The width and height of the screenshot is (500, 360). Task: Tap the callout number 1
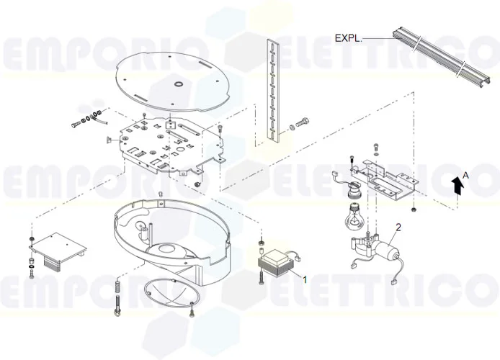[x=305, y=279]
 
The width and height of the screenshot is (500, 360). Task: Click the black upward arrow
[x=457, y=186]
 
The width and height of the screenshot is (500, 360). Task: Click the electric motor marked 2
[x=388, y=252]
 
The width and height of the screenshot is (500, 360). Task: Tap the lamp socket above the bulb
[x=354, y=192]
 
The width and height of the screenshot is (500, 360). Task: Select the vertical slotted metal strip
[x=272, y=90]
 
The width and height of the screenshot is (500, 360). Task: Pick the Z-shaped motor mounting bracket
[x=384, y=179]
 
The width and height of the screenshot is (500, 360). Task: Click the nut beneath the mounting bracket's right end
[x=416, y=210]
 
